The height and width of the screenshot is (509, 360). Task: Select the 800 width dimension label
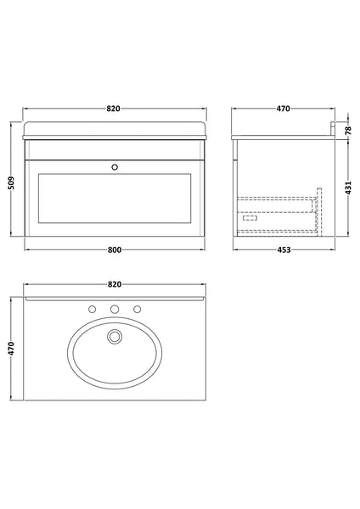(115, 249)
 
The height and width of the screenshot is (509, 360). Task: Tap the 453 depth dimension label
(284, 249)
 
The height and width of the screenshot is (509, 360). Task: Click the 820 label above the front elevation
(115, 109)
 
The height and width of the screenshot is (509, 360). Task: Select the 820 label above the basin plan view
(115, 283)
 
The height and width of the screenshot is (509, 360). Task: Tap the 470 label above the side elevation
(284, 109)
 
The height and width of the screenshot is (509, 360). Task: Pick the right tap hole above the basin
(138, 309)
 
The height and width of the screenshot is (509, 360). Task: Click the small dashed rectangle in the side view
(250, 217)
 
